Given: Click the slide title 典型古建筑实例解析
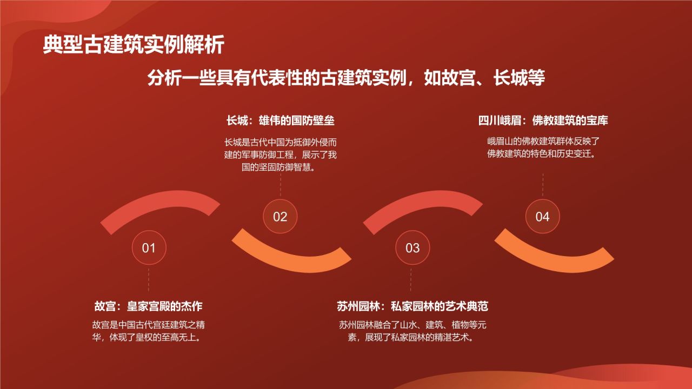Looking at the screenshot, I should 133,45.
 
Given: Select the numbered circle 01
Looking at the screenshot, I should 149,248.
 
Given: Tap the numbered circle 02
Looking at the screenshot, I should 280,217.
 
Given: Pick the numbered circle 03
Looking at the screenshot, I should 412,248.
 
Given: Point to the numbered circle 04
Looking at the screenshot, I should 542,217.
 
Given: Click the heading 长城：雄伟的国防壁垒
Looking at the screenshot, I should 280,120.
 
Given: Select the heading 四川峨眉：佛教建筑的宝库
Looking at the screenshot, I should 543,120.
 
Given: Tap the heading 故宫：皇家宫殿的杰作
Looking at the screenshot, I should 149,306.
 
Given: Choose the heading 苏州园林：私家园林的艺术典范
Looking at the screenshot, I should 412,306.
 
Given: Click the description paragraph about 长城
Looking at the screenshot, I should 280,155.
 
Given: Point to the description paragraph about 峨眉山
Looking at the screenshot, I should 543,147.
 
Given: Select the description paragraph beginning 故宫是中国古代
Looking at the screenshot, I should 149,332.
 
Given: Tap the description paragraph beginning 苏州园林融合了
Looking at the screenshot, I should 412,332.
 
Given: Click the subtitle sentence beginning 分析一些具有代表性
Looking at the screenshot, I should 346,78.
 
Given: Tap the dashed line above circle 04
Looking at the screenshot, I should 543,185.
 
